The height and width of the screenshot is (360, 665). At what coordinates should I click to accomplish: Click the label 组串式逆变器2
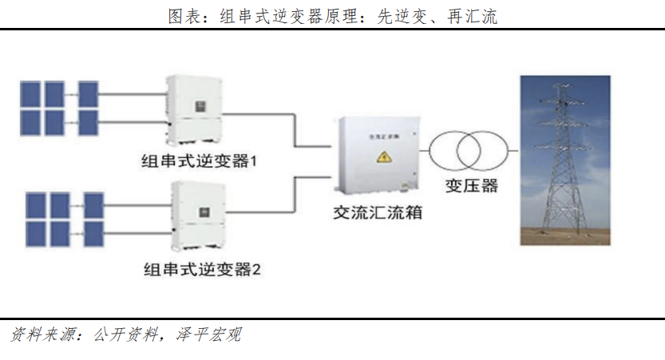202,268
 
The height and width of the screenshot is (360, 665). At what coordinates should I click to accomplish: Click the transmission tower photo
564,160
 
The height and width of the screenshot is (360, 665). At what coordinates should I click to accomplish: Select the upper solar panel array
60,108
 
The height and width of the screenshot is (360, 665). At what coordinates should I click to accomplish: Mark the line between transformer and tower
513,149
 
